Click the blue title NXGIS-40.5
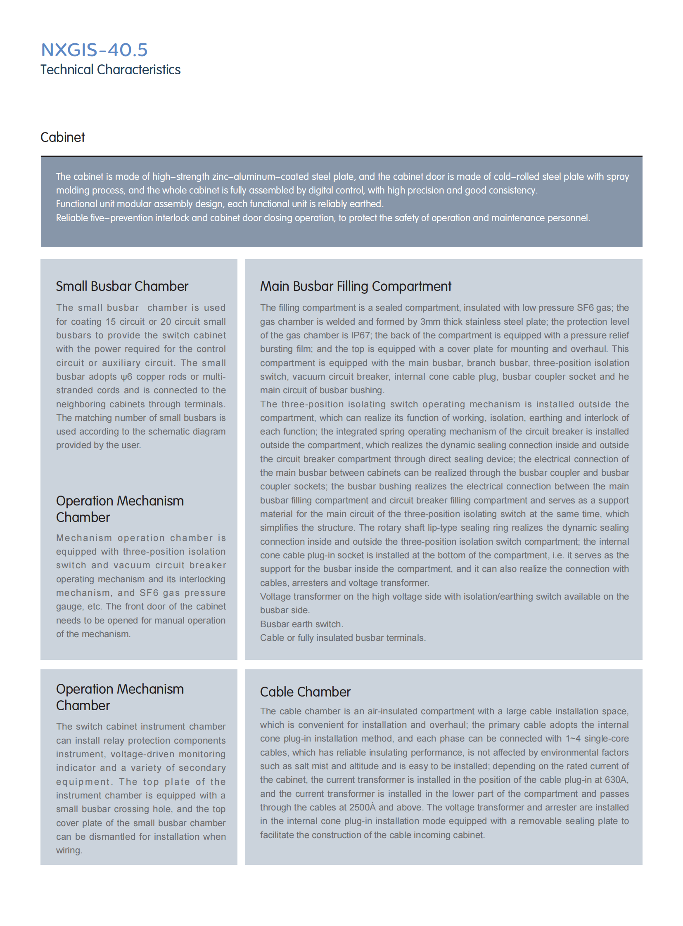pyautogui.click(x=94, y=50)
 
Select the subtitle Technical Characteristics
pyautogui.click(x=110, y=70)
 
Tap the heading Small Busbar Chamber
pyautogui.click(x=122, y=286)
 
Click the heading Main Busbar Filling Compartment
pyautogui.click(x=356, y=286)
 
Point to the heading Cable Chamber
pyautogui.click(x=305, y=692)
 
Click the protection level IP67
pyautogui.click(x=360, y=335)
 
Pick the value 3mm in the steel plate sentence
pyautogui.click(x=430, y=322)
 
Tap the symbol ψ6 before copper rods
pyautogui.click(x=126, y=377)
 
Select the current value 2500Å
pyautogui.click(x=362, y=808)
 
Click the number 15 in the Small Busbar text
pyautogui.click(x=110, y=322)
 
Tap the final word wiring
pyautogui.click(x=69, y=850)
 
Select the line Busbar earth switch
pyautogui.click(x=301, y=624)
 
